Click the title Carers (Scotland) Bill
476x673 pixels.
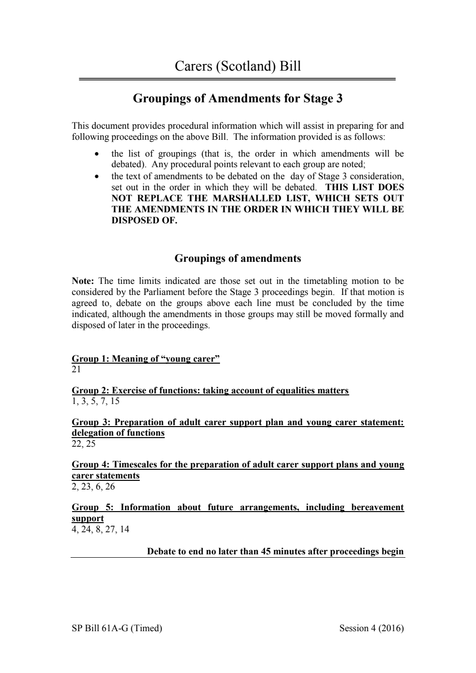[238, 66]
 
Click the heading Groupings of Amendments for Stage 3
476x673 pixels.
[238, 99]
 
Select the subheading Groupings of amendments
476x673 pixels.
[238, 258]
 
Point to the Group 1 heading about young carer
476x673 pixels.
[146, 359]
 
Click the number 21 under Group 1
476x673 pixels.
[76, 369]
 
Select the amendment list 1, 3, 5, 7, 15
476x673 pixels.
[96, 401]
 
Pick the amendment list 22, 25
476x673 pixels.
[84, 444]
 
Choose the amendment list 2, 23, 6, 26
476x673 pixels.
[93, 487]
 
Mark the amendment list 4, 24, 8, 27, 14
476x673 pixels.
[100, 529]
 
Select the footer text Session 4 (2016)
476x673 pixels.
[371, 628]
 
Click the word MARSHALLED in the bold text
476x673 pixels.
[247, 198]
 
